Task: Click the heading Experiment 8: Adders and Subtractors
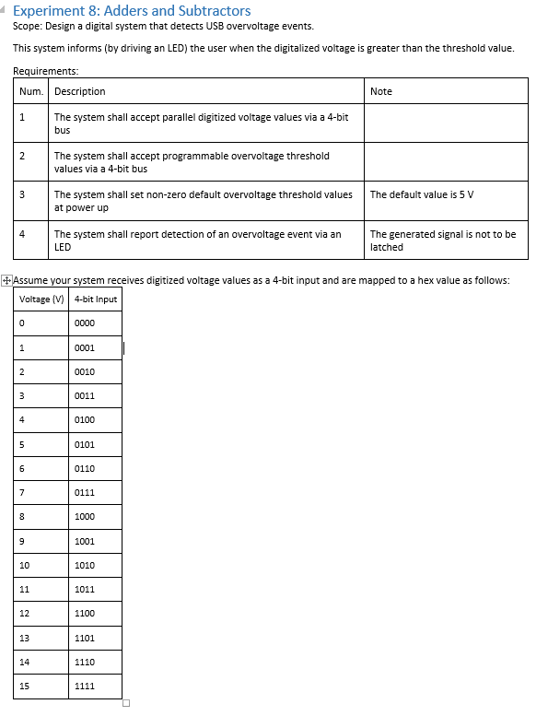click(x=132, y=11)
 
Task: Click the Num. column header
click(x=31, y=91)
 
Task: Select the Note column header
click(x=381, y=91)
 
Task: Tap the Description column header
click(x=80, y=91)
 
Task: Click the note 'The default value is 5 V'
click(x=422, y=194)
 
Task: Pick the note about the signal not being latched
click(x=443, y=241)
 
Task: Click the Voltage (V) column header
click(x=41, y=299)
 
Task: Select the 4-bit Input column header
click(x=96, y=299)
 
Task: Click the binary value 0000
click(x=85, y=323)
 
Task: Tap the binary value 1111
click(x=85, y=687)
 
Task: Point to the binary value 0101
click(x=85, y=444)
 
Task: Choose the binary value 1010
click(x=85, y=565)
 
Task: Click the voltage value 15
click(x=24, y=687)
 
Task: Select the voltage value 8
click(x=21, y=517)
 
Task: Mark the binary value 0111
click(x=85, y=493)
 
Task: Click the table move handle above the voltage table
click(x=7, y=280)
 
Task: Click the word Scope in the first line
click(x=28, y=27)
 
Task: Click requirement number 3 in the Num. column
click(x=22, y=194)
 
